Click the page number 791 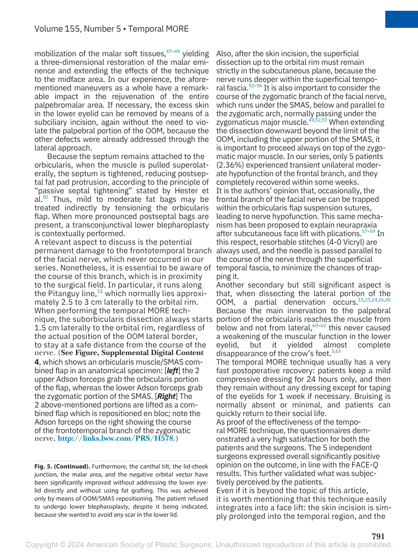click(378, 536)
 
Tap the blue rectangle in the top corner click(401, 13)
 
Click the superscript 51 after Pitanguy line click(100, 291)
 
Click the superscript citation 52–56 click(255, 85)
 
